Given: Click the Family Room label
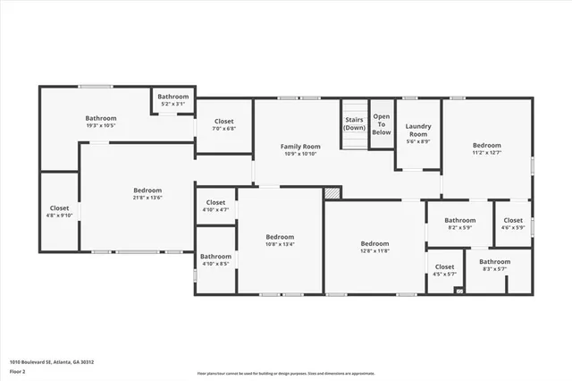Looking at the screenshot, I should pos(300,146).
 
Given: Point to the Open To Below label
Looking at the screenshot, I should pos(382,125).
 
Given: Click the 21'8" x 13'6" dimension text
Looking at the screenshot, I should pos(147,198).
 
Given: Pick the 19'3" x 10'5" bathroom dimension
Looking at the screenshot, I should pos(101,125).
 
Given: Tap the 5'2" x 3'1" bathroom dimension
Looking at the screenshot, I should pos(173,104).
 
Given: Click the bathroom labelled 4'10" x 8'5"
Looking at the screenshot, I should pos(215,259).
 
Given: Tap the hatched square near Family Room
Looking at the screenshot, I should pos(332,191).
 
